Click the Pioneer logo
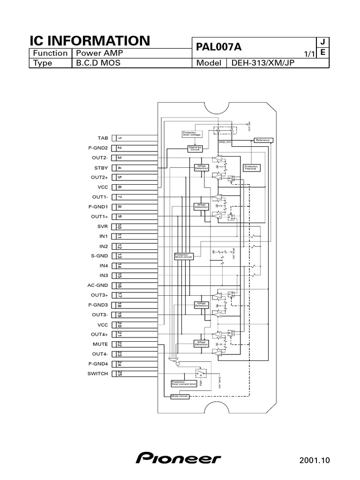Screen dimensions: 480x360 click(x=179, y=458)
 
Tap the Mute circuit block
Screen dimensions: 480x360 click(x=180, y=396)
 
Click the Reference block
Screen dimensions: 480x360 click(x=262, y=140)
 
